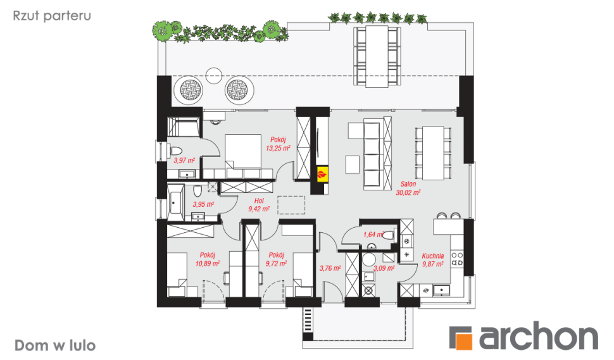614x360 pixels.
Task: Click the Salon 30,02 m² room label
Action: (x=408, y=188)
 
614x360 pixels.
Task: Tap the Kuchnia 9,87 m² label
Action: (x=433, y=260)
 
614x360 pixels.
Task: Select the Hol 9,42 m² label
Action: (x=259, y=204)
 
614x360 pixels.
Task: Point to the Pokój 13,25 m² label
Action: (x=278, y=144)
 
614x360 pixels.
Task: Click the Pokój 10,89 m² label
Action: (x=207, y=259)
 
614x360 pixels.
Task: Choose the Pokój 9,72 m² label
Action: (x=276, y=259)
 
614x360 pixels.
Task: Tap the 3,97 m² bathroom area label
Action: (x=184, y=161)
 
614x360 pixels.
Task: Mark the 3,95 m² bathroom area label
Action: (x=203, y=204)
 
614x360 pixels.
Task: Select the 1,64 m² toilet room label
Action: (x=373, y=234)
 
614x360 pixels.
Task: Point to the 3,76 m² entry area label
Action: (x=330, y=268)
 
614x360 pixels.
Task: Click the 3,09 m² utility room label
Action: (x=384, y=268)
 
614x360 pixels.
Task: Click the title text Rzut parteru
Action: (x=52, y=16)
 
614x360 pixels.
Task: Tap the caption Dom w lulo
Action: (x=55, y=345)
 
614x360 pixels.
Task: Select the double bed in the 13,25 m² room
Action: (x=243, y=152)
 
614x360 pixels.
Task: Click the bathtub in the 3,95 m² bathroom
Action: (x=176, y=202)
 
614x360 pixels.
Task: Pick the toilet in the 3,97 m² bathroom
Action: (x=176, y=151)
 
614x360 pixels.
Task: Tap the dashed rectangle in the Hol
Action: (x=291, y=205)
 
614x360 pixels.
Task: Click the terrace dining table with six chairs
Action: (x=377, y=56)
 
